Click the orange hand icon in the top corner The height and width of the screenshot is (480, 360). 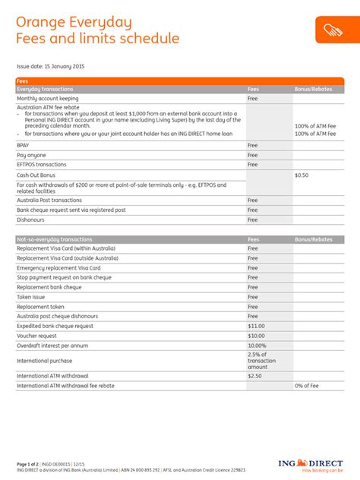click(x=333, y=30)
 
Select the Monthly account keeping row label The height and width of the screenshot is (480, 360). click(x=49, y=98)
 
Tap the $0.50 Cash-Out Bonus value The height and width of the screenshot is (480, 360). click(x=302, y=175)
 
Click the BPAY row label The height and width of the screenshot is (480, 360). click(x=24, y=145)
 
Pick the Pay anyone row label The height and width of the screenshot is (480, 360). click(x=31, y=155)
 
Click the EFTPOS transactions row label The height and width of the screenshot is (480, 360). click(x=42, y=164)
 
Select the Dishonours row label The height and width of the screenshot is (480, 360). click(x=32, y=219)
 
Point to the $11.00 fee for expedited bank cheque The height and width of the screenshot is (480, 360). click(x=257, y=326)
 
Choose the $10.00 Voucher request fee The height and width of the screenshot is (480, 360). click(x=257, y=335)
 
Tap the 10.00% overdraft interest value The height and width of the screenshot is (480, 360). click(x=257, y=345)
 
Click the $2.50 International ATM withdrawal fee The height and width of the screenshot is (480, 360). click(x=254, y=376)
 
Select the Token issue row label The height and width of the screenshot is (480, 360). click(x=32, y=297)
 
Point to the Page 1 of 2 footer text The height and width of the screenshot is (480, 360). click(x=32, y=463)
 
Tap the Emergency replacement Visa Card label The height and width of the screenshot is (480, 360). click(x=58, y=267)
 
